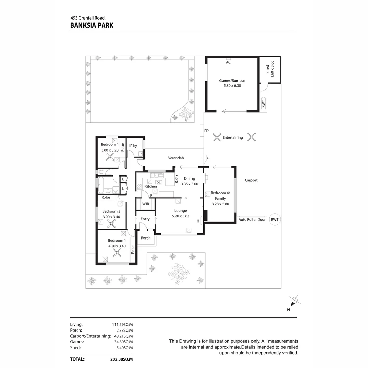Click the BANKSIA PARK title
[92, 25]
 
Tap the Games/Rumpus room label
[232, 81]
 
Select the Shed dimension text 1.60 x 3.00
[272, 69]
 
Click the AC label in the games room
[228, 62]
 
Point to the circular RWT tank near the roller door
[275, 220]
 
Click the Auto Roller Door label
[252, 220]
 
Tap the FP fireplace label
[206, 131]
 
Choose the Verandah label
[176, 158]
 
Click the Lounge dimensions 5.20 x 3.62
[181, 216]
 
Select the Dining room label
[189, 178]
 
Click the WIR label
[145, 204]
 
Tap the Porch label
[145, 238]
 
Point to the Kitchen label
[151, 186]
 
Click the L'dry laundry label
[133, 145]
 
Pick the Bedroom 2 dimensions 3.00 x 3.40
[111, 217]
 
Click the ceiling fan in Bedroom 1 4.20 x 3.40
[117, 252]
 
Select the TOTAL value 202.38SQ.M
[121, 359]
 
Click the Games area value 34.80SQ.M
[123, 342]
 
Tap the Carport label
[251, 180]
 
